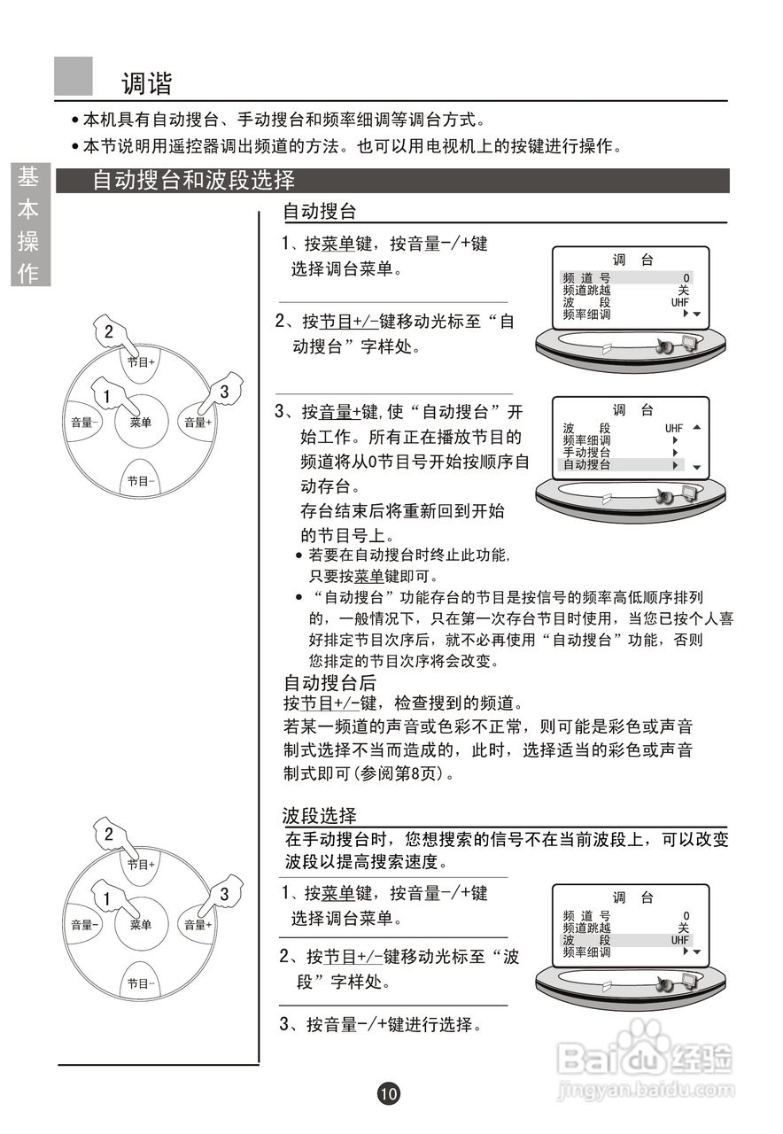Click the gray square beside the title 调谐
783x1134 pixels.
(x=74, y=76)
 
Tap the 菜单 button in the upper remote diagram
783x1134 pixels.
(x=140, y=423)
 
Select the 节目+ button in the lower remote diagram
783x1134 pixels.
(x=140, y=864)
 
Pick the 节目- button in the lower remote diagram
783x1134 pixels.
(x=140, y=983)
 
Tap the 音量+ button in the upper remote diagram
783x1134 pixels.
(x=198, y=423)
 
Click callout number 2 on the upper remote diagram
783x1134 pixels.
(x=109, y=332)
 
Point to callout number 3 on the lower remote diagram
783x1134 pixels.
(x=224, y=894)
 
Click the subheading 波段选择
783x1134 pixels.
(x=319, y=815)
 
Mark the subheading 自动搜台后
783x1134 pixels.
(x=329, y=683)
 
